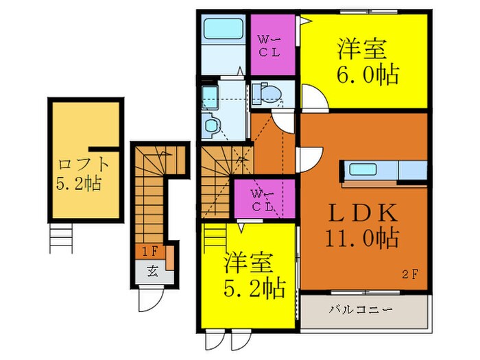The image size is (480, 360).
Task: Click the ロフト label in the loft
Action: pos(84,165)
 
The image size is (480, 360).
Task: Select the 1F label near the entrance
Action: pos(148,252)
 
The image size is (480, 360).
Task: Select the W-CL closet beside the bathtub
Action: pos(272,45)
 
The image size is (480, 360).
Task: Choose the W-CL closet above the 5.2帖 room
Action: pos(264,199)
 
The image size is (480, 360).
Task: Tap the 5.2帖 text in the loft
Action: pos(84,185)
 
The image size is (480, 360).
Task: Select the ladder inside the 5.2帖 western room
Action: pos(215,237)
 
